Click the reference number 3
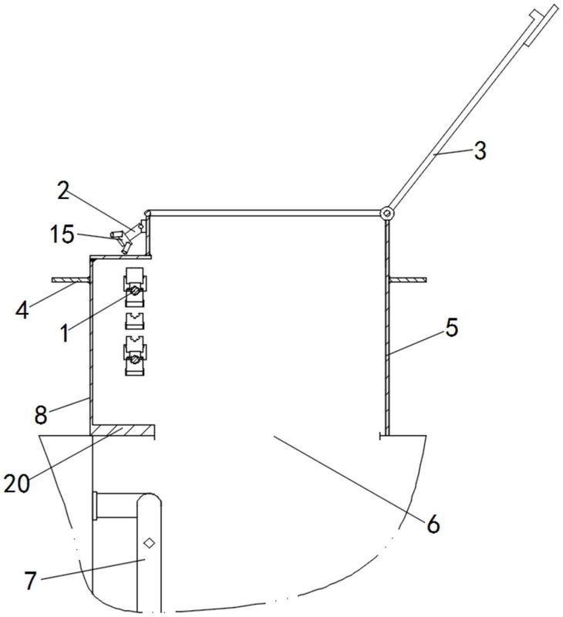click(480, 150)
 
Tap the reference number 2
click(63, 190)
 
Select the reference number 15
click(62, 234)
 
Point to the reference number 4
click(22, 310)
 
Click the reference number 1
click(65, 333)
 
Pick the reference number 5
click(452, 327)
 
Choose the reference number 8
click(41, 415)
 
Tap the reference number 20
click(17, 484)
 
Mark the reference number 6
click(433, 524)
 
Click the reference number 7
click(31, 580)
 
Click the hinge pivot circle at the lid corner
click(387, 214)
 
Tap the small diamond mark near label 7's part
click(149, 543)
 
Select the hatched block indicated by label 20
click(123, 430)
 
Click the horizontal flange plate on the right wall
click(408, 280)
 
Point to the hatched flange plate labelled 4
click(71, 280)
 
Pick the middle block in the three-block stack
click(135, 321)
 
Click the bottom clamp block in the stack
click(135, 356)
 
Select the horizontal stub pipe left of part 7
click(115, 505)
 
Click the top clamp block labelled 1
click(135, 287)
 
